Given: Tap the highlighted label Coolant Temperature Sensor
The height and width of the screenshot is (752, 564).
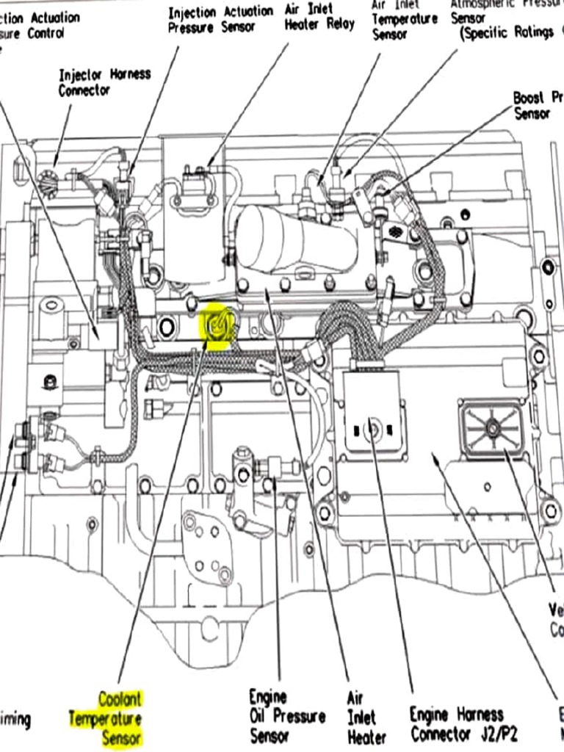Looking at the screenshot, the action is (110, 717).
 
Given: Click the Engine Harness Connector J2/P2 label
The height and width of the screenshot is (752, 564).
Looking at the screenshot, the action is (457, 723).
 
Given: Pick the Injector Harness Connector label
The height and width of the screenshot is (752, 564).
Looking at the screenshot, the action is (104, 82).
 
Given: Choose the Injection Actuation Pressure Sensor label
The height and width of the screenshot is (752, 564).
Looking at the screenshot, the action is (220, 19).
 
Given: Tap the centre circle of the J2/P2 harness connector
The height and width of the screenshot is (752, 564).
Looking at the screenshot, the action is (373, 427).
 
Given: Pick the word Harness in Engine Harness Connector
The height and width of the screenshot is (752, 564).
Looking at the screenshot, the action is (480, 713).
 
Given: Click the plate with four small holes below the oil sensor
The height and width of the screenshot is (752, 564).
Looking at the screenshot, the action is (209, 547).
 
